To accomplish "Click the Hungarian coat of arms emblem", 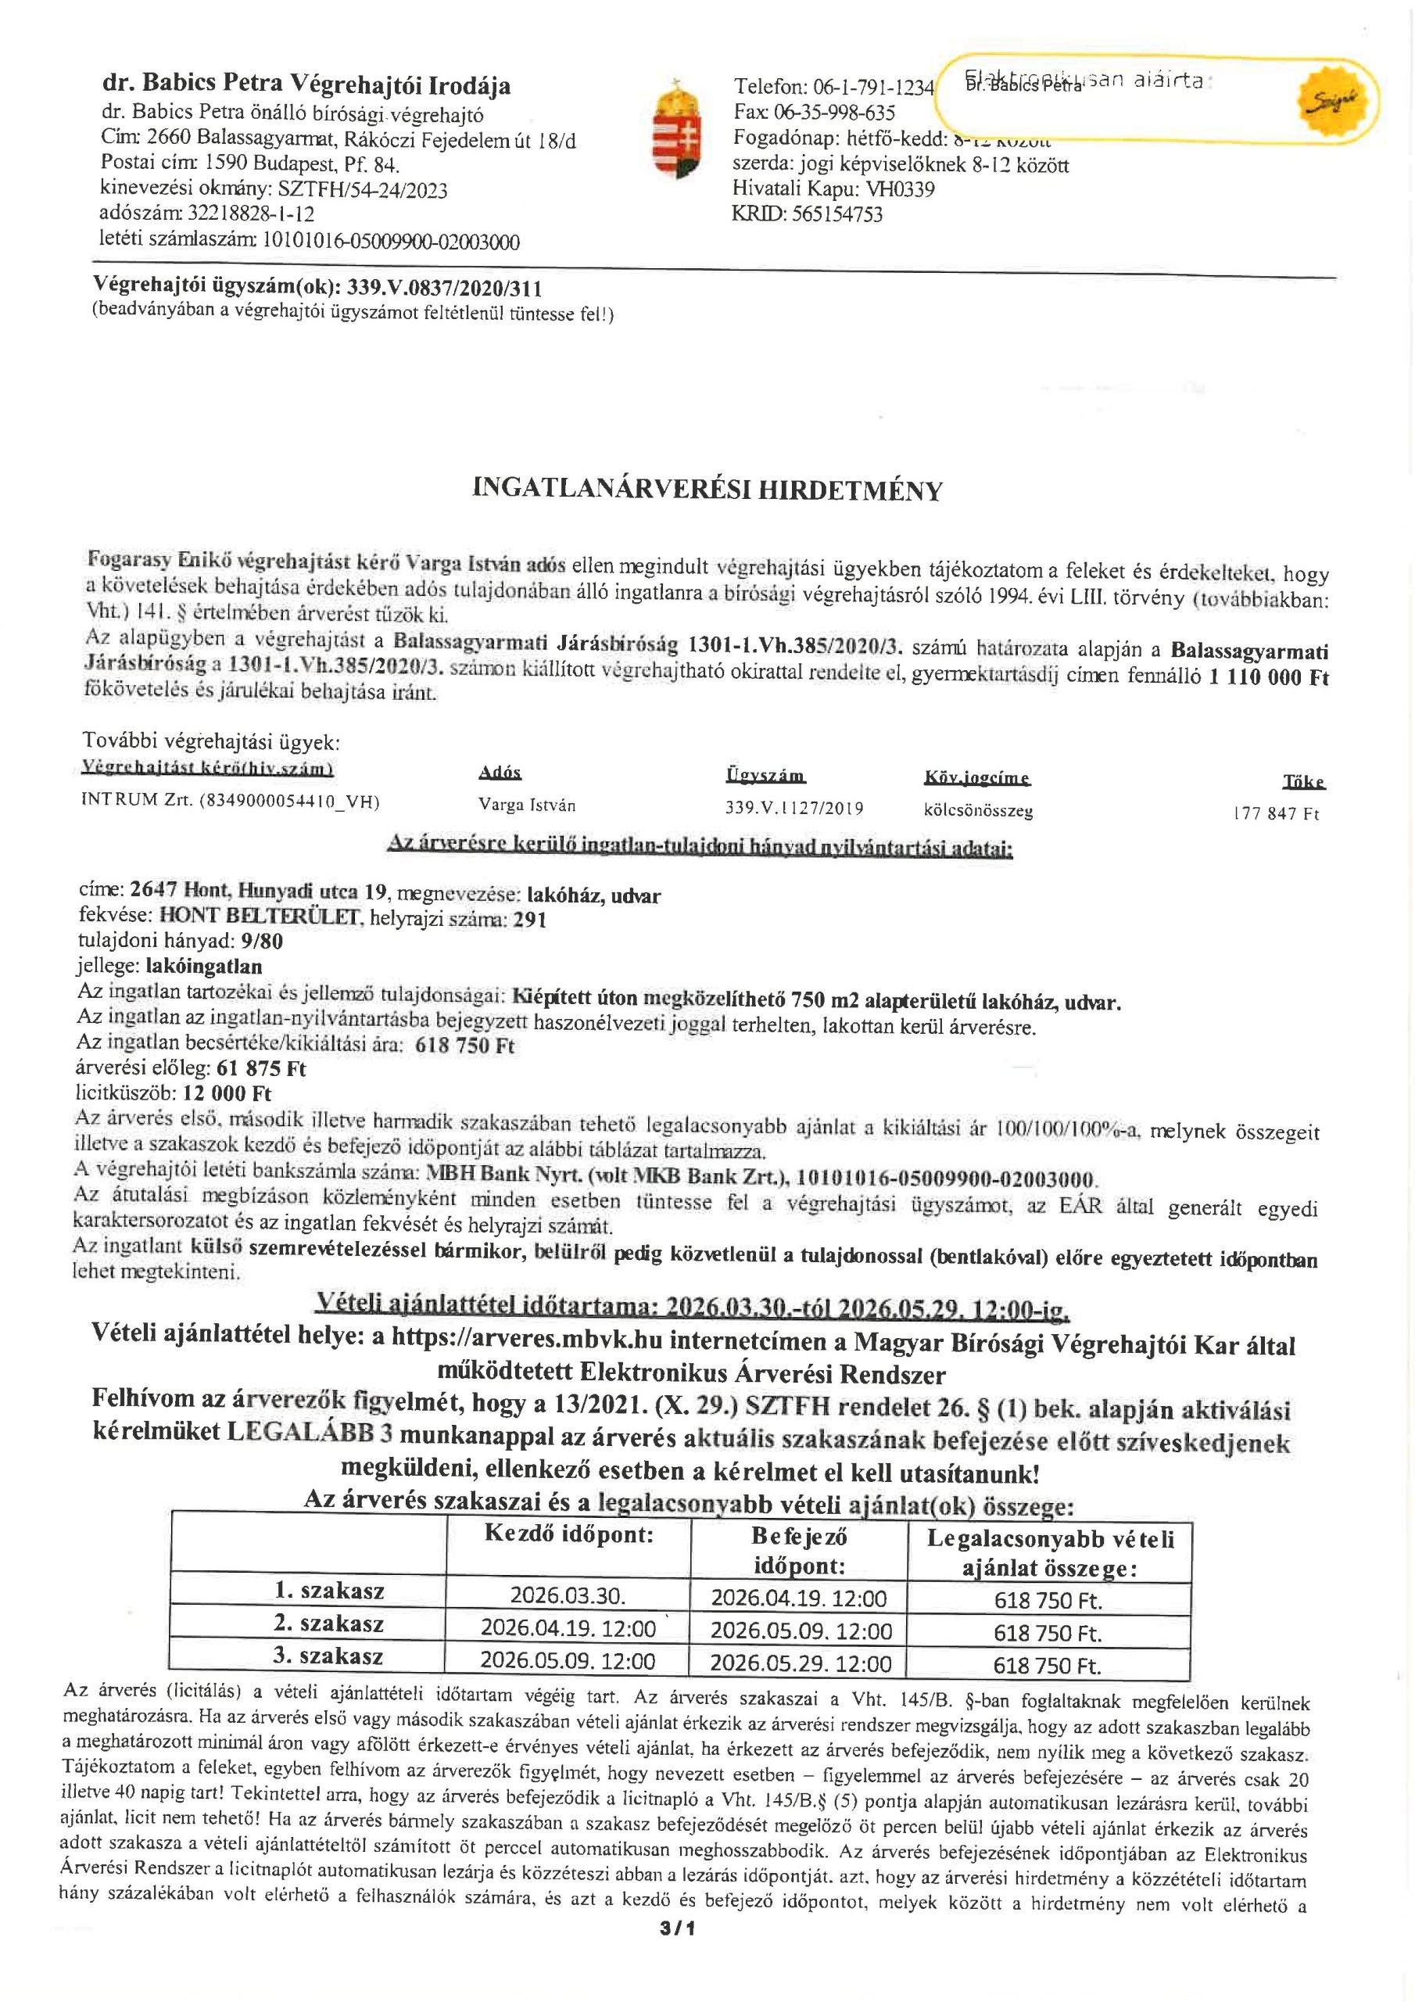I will click(x=678, y=129).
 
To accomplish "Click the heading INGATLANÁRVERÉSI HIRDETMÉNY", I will click(x=707, y=491).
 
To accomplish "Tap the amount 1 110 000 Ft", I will click(x=1269, y=677).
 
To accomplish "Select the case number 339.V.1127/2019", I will click(x=794, y=809).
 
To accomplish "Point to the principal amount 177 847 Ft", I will click(x=1277, y=813).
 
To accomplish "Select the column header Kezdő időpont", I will click(x=568, y=1534).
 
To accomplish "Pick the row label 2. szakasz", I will click(x=328, y=1623).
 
